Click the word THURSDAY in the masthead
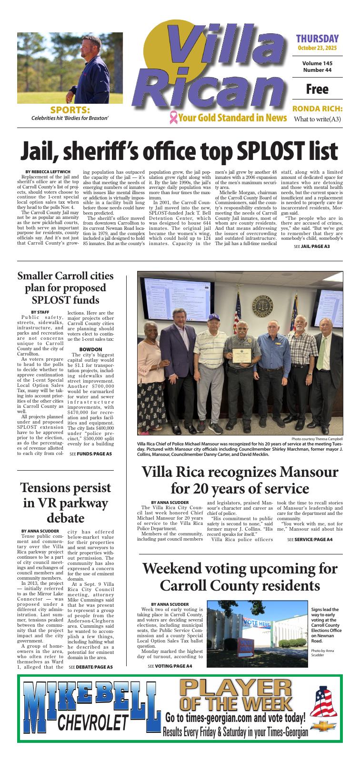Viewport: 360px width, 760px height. pos(317,39)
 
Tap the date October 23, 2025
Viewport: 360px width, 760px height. pos(317,48)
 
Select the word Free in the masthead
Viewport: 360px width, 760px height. pos(317,89)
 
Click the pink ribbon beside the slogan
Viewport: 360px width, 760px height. pos(173,117)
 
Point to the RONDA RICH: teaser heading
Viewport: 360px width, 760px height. pos(317,109)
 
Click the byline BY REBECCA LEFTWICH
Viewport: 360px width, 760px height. pos(47,171)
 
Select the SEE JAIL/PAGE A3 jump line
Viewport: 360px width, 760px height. pos(311,247)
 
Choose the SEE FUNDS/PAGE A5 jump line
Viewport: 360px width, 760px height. pos(90,454)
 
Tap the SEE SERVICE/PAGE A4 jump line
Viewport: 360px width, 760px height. pos(310,539)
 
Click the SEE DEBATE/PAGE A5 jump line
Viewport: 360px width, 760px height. pos(90,667)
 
